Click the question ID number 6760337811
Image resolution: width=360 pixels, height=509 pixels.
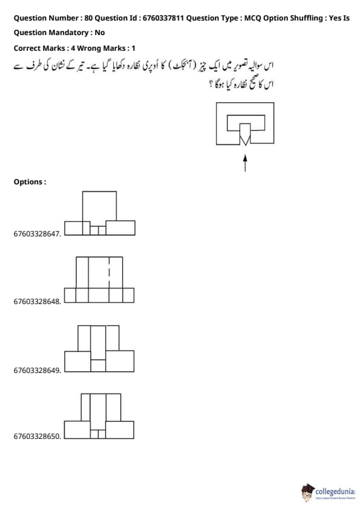point(163,18)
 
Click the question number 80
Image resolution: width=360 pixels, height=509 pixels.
point(88,18)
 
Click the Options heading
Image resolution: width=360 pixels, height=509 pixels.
point(30,182)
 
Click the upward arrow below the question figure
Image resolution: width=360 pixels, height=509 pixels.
point(245,163)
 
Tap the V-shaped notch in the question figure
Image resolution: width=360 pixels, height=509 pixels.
point(245,141)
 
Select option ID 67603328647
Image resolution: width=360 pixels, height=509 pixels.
point(37,234)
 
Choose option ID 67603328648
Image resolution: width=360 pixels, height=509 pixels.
point(37,302)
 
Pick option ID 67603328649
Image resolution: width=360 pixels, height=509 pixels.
point(37,371)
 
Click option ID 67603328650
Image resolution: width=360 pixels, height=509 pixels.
point(37,436)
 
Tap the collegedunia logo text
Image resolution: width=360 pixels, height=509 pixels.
point(335,491)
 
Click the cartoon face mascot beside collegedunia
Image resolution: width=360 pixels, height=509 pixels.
point(307,493)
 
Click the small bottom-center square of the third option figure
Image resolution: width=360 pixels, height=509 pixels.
point(98,366)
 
